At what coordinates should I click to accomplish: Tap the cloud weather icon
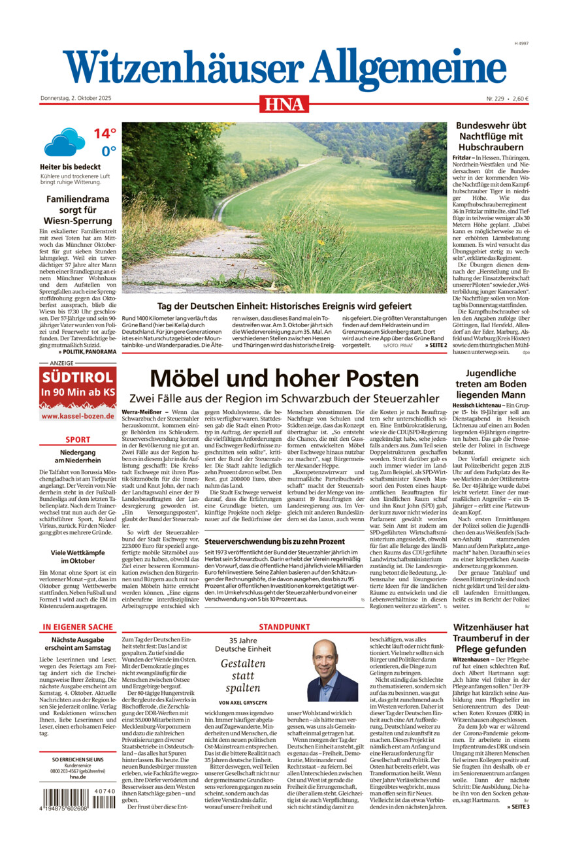coord(64,142)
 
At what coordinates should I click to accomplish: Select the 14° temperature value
coord(105,133)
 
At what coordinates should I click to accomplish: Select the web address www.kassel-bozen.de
coord(78,415)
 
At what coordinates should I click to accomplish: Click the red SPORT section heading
coord(78,440)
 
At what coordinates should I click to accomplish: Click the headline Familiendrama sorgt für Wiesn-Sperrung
coord(78,210)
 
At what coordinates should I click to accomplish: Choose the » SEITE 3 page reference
coord(518,807)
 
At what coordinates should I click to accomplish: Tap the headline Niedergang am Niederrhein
coord(78,457)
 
